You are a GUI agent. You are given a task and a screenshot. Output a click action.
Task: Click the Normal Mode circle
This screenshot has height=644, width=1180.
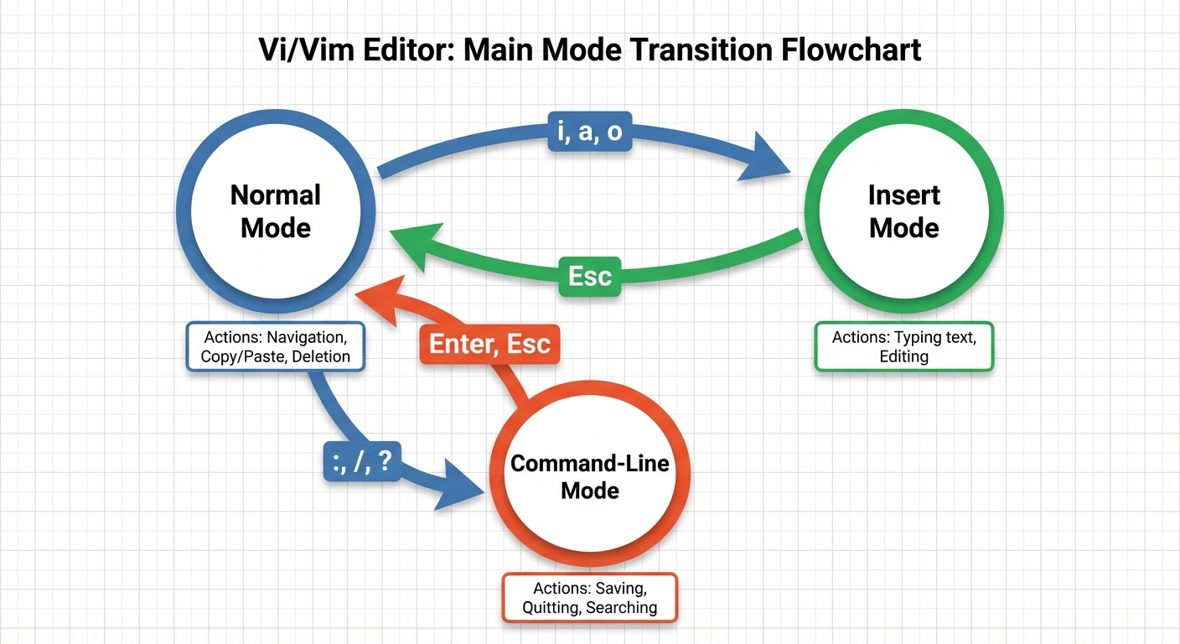tap(275, 211)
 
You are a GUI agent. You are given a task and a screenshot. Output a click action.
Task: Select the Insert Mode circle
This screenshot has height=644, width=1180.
tap(904, 211)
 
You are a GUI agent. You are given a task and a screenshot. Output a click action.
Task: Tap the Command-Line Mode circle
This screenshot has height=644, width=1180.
tap(589, 476)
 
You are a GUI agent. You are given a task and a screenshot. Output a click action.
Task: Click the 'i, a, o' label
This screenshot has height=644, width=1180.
tap(589, 132)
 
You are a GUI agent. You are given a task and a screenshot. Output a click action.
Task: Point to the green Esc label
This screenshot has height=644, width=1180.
tap(589, 276)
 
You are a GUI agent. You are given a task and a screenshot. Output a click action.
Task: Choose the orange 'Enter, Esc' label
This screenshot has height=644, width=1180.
tap(489, 344)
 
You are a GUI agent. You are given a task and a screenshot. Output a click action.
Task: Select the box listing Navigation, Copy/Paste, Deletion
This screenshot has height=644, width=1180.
tap(275, 346)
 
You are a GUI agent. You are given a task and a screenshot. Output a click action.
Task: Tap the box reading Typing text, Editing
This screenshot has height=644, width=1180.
tap(904, 346)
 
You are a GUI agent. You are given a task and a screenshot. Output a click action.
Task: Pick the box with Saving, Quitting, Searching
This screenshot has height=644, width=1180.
tap(589, 598)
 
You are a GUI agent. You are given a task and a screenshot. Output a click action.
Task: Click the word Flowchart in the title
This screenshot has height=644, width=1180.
tap(851, 49)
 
